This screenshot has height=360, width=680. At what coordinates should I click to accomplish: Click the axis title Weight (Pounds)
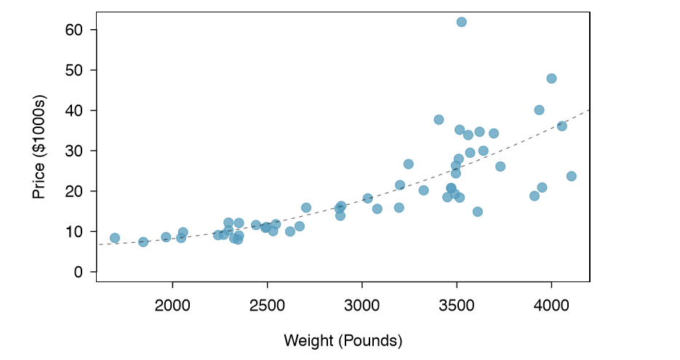[343, 340]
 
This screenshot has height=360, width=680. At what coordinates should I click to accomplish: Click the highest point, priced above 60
[461, 22]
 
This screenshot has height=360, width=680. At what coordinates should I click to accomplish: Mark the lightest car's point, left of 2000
[115, 238]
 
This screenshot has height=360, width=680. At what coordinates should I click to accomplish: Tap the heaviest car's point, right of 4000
[571, 176]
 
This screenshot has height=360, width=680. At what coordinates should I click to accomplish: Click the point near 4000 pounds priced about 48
[551, 79]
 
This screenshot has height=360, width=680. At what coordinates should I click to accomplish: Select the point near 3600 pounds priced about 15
[477, 212]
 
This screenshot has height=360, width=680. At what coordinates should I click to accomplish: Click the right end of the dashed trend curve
[588, 110]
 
